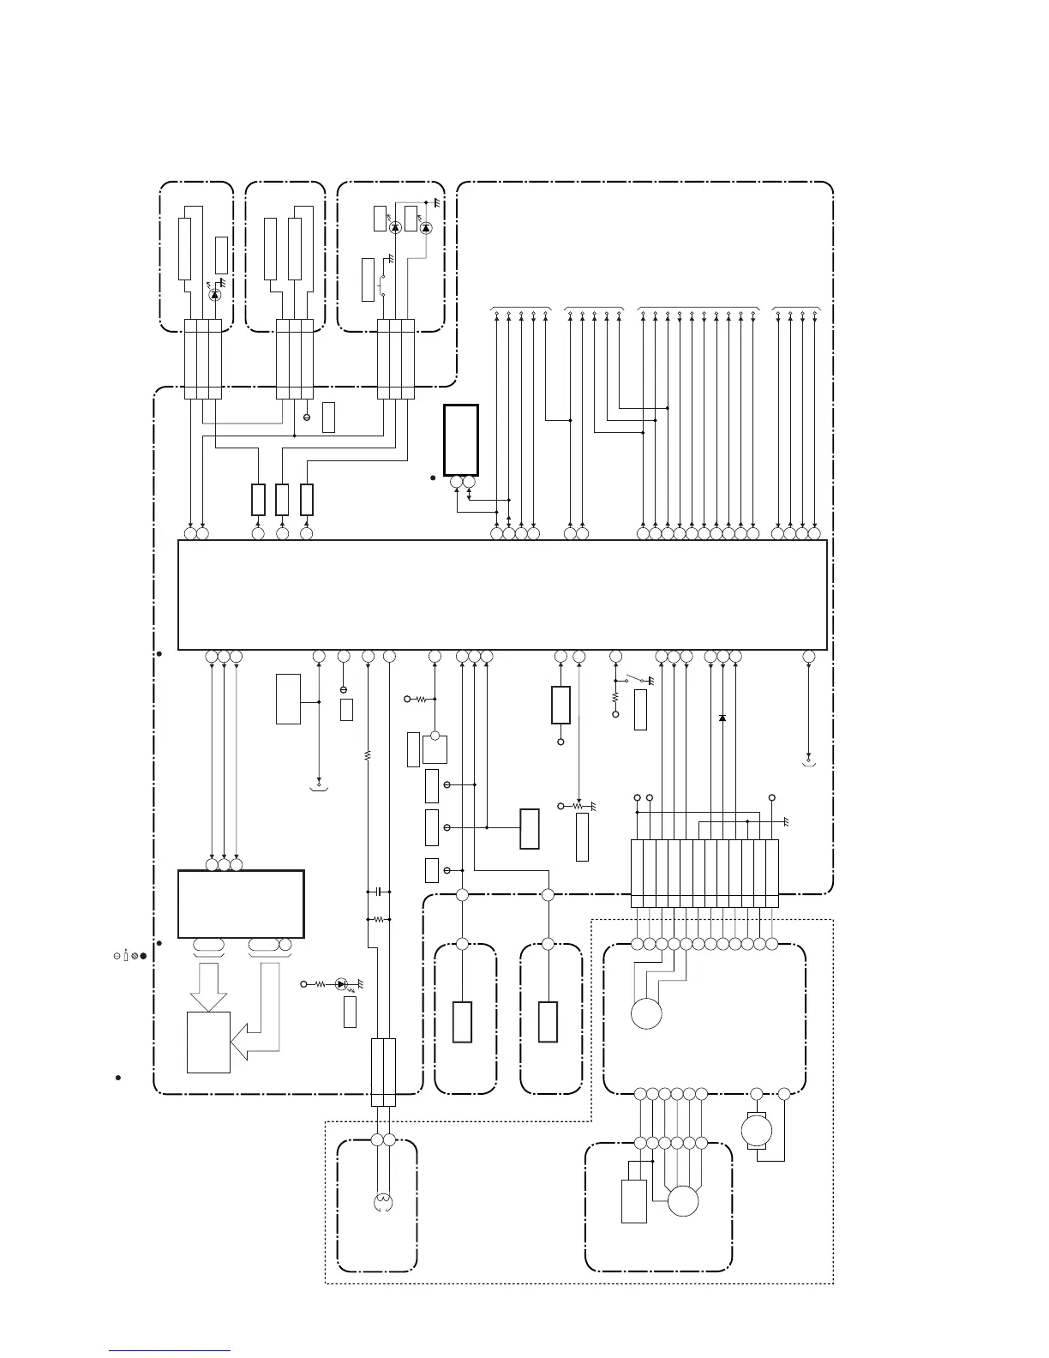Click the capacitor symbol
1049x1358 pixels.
(x=379, y=892)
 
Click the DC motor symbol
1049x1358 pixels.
(x=755, y=1130)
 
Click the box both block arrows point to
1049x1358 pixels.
(x=208, y=1042)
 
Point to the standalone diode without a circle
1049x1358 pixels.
(x=722, y=718)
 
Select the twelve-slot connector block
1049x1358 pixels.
(x=704, y=873)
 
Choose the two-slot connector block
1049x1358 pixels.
(x=383, y=1072)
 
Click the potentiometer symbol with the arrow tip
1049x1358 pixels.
(x=578, y=807)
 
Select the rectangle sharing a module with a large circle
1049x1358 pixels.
(x=634, y=1200)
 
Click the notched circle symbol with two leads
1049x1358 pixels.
(x=383, y=1202)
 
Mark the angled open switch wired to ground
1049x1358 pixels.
(x=637, y=681)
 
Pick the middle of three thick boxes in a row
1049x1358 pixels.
(x=282, y=500)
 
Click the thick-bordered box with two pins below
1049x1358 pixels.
(x=461, y=439)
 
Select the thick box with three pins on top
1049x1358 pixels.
(x=241, y=904)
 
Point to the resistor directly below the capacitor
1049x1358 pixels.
(x=379, y=919)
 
